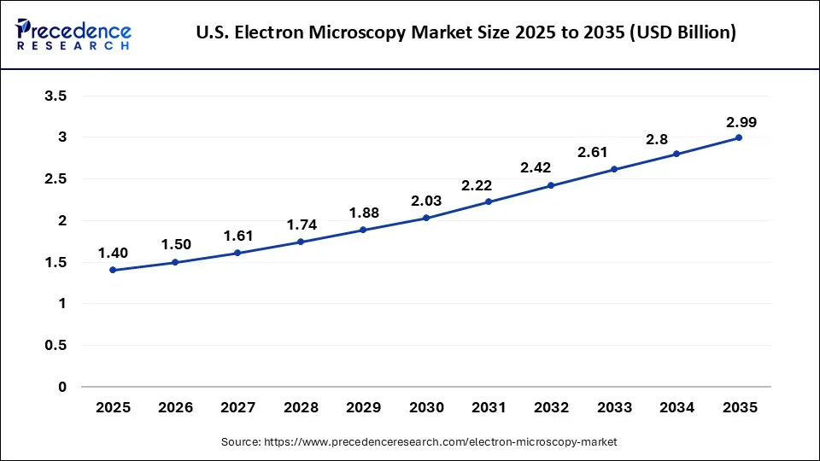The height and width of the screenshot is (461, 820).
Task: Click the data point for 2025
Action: [113, 270]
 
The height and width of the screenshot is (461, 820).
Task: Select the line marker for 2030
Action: [425, 218]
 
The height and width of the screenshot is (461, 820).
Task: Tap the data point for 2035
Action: [739, 137]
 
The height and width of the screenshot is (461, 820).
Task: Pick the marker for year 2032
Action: [551, 185]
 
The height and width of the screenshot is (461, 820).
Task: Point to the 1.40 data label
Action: [113, 253]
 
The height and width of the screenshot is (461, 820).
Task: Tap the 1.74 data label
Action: [301, 225]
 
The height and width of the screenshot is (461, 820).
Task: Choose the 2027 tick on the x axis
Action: [238, 408]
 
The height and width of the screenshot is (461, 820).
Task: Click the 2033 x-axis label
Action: [613, 408]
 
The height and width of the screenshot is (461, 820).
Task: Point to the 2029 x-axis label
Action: [363, 408]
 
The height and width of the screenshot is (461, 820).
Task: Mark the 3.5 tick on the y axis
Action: [56, 96]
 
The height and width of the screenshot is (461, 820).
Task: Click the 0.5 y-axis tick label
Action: [56, 346]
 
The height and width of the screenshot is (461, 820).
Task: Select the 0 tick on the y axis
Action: [61, 387]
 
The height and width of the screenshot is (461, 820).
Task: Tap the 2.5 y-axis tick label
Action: [56, 179]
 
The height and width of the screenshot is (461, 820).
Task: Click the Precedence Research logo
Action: [73, 33]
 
